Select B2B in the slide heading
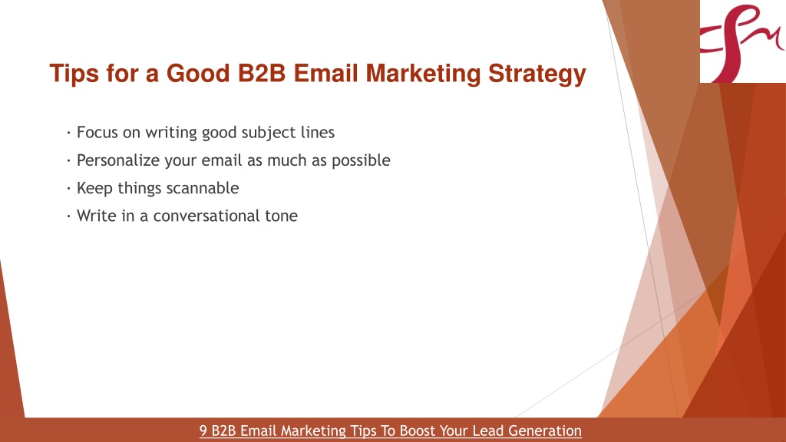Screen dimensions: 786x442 262,73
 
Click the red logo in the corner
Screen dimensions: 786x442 742,41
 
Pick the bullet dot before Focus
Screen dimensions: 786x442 68,133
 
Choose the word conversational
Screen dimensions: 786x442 206,216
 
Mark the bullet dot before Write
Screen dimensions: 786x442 68,216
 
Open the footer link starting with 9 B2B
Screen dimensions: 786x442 391,431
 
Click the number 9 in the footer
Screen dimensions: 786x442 203,431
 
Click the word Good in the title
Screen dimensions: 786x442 198,73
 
